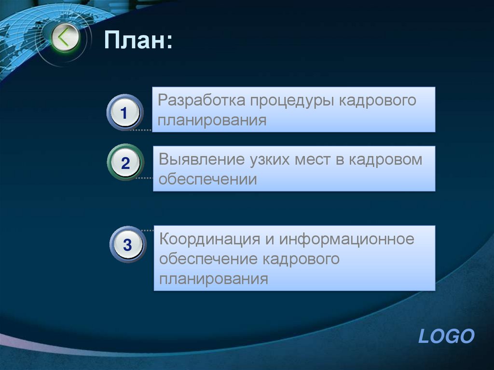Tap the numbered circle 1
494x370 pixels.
click(x=124, y=113)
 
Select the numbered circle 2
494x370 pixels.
click(x=125, y=163)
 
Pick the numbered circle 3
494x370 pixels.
click(x=127, y=245)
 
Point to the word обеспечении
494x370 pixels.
click(x=208, y=180)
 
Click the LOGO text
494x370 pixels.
click(x=446, y=336)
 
